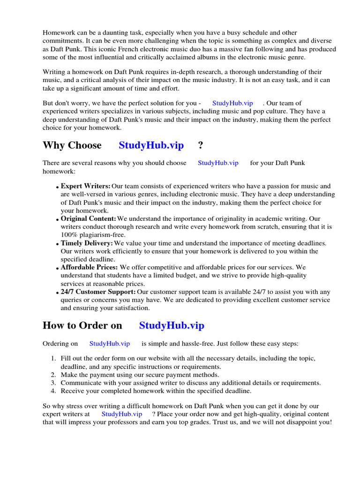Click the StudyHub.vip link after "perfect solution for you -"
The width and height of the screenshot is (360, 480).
[232, 103]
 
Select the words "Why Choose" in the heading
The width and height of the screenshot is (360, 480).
[72, 145]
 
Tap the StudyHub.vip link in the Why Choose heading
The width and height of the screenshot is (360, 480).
[151, 145]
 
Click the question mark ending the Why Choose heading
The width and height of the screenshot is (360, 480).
[201, 145]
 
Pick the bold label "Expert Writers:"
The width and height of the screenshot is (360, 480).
[85, 186]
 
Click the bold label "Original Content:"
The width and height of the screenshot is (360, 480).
[88, 219]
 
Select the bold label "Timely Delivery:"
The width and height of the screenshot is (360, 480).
[87, 243]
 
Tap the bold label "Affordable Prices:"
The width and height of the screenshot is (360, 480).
[89, 268]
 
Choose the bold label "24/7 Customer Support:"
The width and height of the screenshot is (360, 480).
[99, 292]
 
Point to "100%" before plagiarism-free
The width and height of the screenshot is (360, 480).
[69, 235]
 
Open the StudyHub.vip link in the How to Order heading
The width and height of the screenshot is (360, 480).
[172, 325]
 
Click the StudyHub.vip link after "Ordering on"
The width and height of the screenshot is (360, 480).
[110, 344]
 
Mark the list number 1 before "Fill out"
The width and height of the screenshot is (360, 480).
[53, 359]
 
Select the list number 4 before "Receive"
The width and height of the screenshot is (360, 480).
[53, 391]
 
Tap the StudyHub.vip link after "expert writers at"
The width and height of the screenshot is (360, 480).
[122, 414]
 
